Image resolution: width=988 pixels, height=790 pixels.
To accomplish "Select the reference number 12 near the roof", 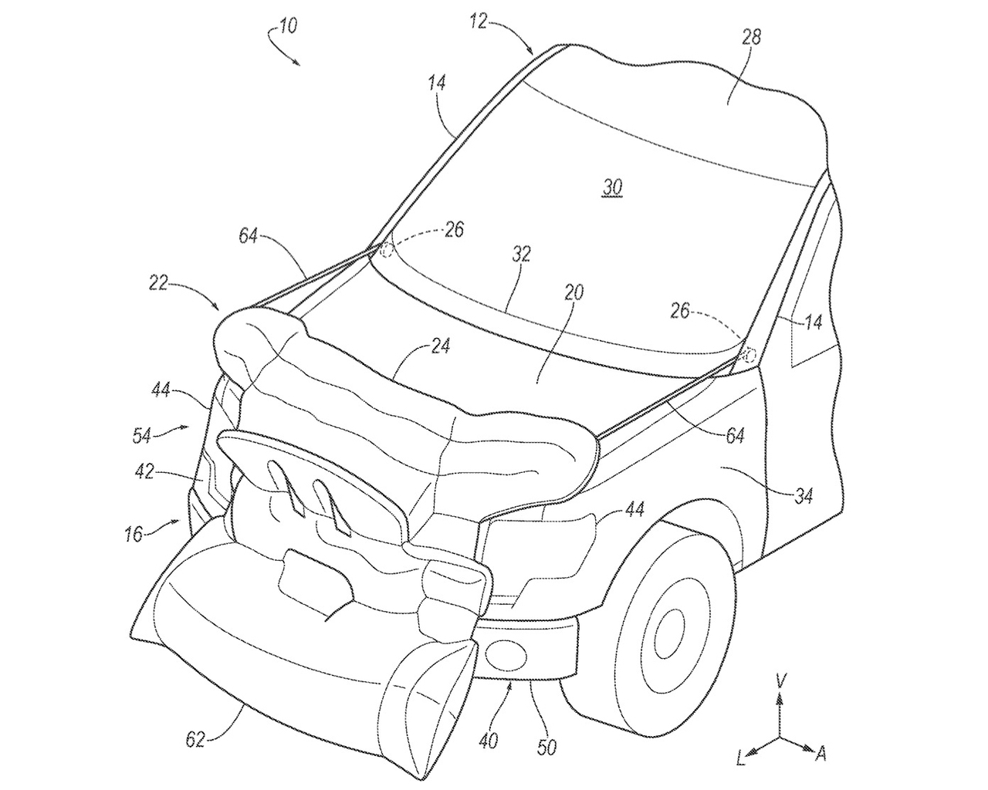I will coord(478,21).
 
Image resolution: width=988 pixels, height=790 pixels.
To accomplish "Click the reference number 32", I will coord(521,255).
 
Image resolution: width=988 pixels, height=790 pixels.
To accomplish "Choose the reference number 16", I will coord(134,534).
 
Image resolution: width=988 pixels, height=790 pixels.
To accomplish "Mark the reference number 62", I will coord(196,740).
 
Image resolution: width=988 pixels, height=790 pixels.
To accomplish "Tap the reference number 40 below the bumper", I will coord(488,741).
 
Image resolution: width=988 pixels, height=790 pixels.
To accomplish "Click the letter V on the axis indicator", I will coord(781,680).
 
